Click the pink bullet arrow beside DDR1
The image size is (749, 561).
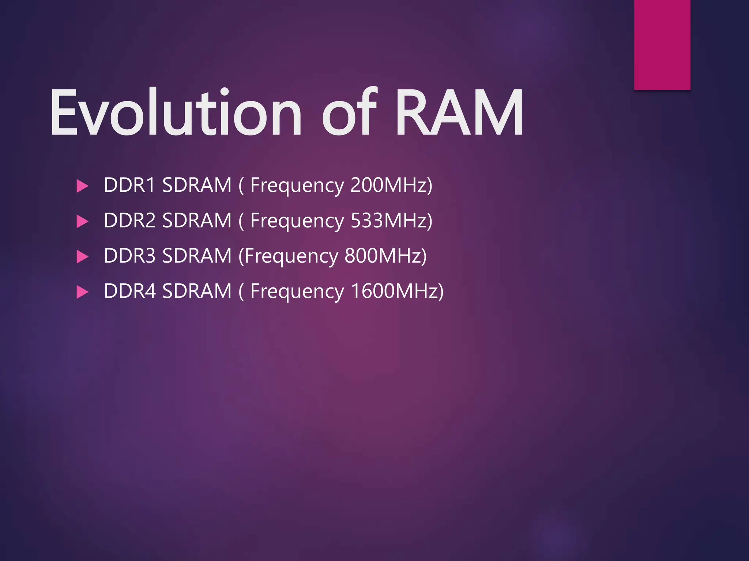(x=82, y=186)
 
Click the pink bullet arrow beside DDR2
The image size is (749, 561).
(x=82, y=221)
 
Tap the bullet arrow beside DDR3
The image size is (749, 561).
(x=82, y=257)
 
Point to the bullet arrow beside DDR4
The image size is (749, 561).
(x=82, y=292)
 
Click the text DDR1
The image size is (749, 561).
(x=130, y=185)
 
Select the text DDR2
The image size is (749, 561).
(x=130, y=220)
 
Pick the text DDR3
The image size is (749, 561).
(x=130, y=256)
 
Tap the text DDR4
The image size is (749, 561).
(x=130, y=291)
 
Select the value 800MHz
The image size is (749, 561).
(x=383, y=256)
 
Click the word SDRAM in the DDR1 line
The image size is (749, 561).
(x=197, y=185)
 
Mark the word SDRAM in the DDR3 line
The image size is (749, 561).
(x=197, y=256)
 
